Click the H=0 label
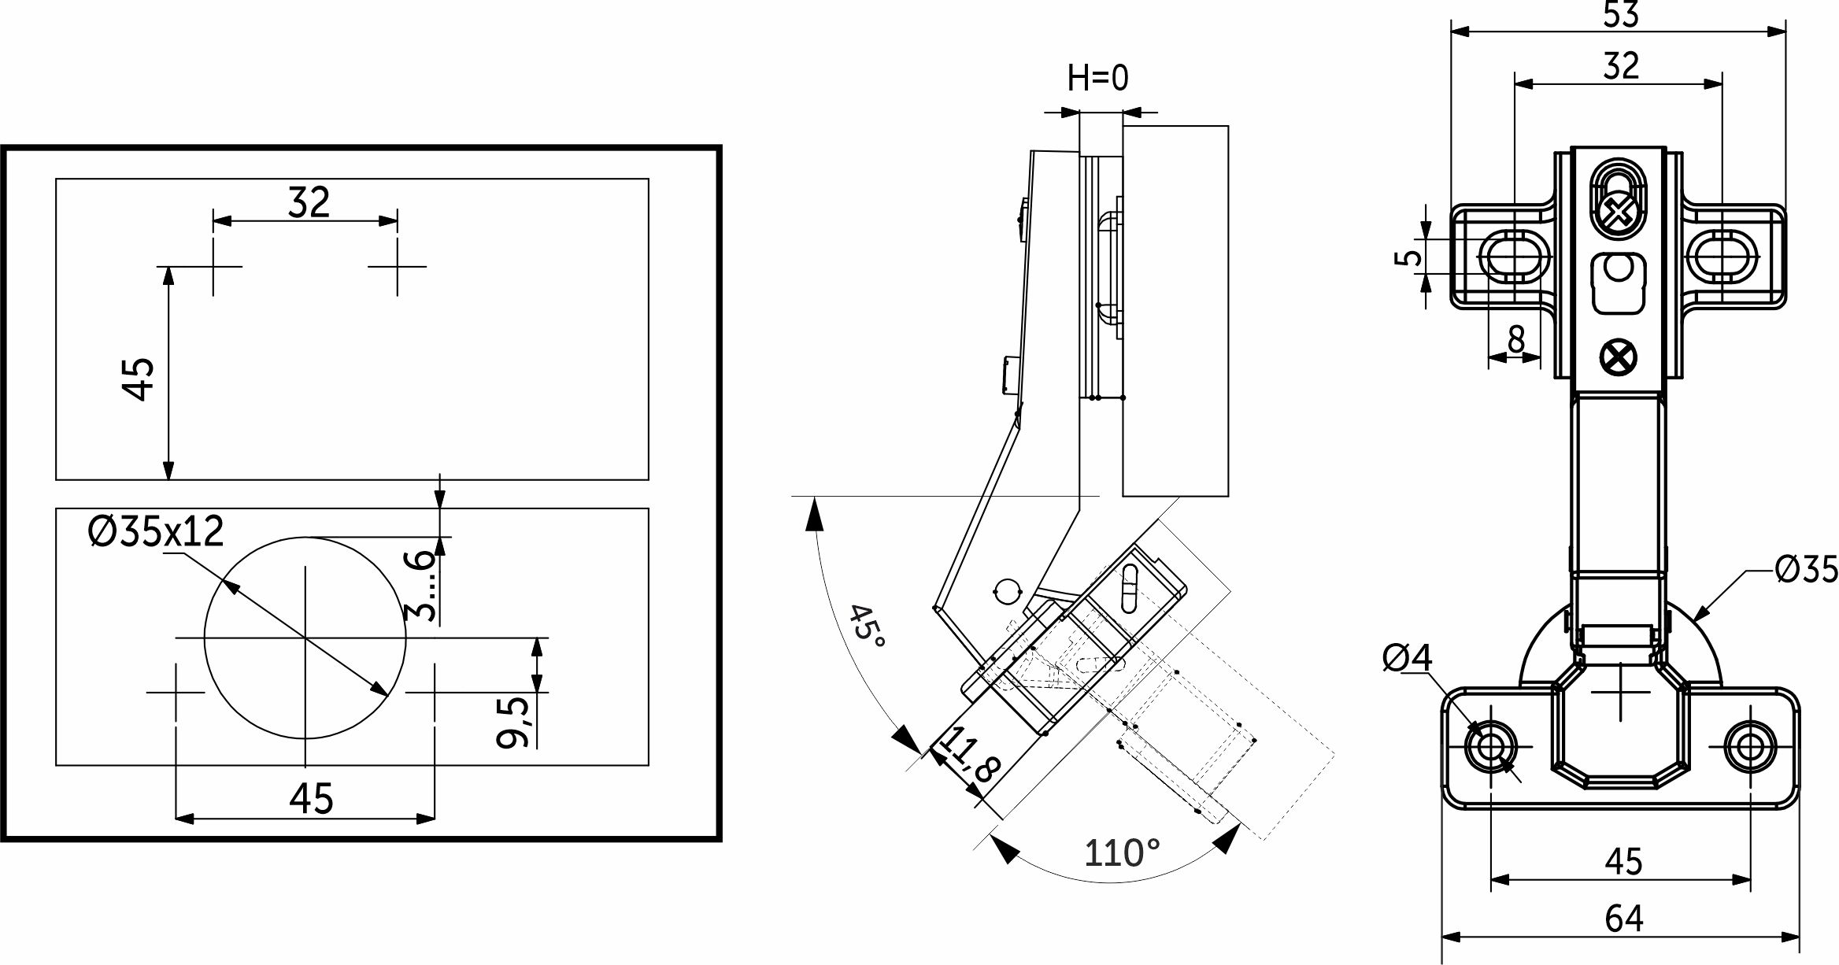1097,78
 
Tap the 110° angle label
1121,853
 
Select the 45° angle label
867,627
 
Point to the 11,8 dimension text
970,756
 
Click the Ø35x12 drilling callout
156,532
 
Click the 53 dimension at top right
1620,14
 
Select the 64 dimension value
1623,919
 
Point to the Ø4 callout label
1408,658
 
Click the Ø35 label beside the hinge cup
1806,569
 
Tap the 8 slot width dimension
1515,341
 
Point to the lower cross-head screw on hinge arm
1619,358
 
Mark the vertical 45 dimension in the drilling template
140,379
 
